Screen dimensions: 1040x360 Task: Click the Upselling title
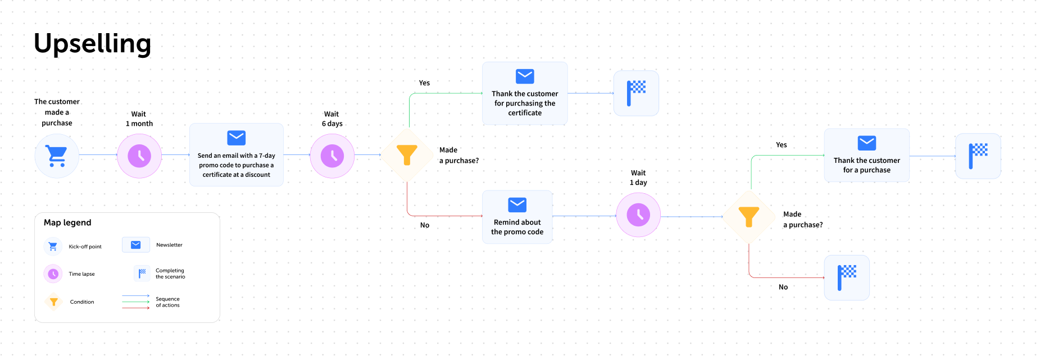92,44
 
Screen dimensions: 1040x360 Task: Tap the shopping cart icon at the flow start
56,156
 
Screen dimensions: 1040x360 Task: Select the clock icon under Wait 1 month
139,156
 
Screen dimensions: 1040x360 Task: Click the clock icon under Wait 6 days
332,156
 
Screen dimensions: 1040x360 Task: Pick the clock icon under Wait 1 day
638,215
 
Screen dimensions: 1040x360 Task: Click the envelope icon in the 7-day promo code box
236,138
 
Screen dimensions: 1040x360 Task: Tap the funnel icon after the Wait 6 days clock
407,155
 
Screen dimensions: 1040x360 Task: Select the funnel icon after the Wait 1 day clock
748,217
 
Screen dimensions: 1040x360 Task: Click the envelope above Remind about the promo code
517,204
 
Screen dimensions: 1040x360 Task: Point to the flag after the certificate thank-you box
636,93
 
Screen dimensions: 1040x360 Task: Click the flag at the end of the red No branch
847,277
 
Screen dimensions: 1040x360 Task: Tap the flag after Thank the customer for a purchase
978,156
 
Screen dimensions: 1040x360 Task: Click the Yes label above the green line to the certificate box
424,83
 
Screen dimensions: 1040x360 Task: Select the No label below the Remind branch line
425,225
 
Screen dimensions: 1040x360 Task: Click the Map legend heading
67,222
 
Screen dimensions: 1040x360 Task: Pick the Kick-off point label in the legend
85,247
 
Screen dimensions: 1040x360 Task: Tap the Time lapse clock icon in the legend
53,274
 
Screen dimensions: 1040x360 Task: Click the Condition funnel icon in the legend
54,302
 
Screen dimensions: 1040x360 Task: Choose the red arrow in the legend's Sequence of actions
136,308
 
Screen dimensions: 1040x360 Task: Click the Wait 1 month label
139,119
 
